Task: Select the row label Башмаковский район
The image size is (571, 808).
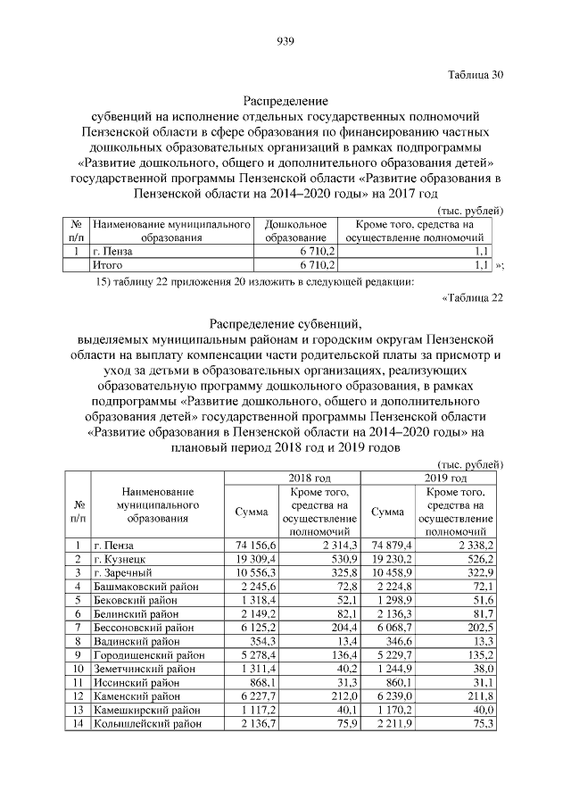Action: coord(143,586)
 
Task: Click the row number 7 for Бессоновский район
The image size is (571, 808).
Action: coord(79,627)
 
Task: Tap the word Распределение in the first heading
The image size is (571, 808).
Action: coord(285,101)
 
